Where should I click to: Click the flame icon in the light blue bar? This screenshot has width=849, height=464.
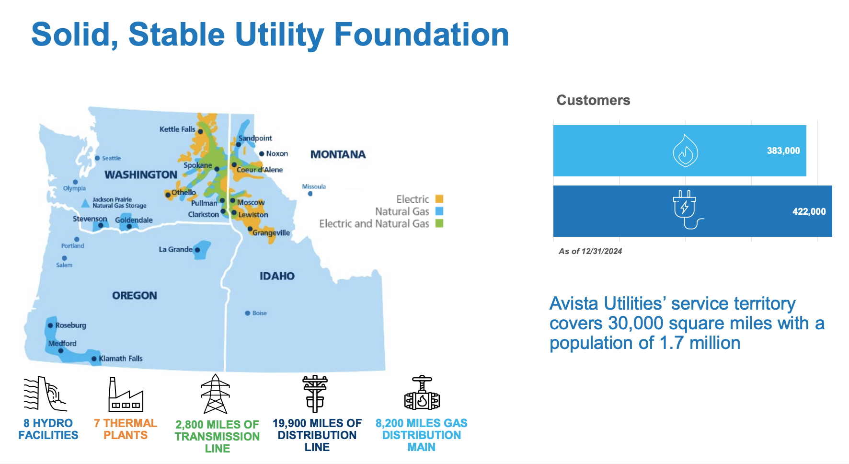click(x=686, y=151)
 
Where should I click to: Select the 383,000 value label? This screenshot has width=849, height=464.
click(x=783, y=151)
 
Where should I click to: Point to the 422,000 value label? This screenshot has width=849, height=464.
click(x=809, y=211)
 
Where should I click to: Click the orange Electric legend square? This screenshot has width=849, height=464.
click(x=439, y=199)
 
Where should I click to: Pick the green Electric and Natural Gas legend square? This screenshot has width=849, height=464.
click(x=439, y=223)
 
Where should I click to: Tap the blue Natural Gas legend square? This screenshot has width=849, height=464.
click(x=439, y=211)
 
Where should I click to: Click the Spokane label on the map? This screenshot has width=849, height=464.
click(x=198, y=165)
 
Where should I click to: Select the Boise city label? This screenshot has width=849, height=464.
click(x=260, y=313)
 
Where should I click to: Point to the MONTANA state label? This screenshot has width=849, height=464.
click(x=338, y=154)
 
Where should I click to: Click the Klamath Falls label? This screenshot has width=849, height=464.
click(x=121, y=359)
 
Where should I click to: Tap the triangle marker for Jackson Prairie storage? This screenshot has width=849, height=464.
click(x=85, y=203)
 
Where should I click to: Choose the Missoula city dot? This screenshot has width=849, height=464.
click(x=310, y=194)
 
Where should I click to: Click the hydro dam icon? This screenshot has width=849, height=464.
click(x=45, y=394)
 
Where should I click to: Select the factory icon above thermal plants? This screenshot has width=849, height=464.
click(x=126, y=394)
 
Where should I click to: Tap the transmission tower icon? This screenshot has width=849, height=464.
click(x=216, y=394)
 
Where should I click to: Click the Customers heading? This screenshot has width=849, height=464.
click(x=593, y=100)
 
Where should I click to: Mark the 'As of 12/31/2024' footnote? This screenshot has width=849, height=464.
click(x=590, y=251)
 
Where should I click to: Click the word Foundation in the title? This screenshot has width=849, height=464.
click(x=421, y=35)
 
